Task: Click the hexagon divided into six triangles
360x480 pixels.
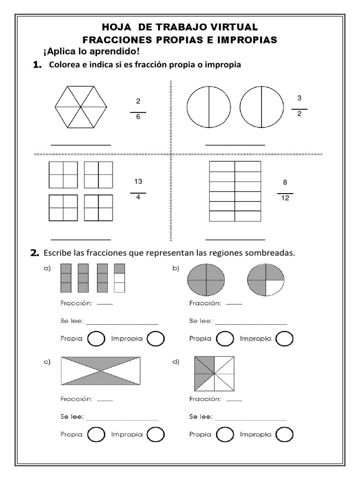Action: tap(81, 107)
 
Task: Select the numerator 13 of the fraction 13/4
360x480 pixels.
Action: tap(138, 181)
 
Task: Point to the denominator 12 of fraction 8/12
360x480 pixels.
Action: tap(285, 198)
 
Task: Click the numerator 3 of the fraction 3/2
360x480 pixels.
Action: tap(299, 98)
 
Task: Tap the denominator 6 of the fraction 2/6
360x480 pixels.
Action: tap(138, 117)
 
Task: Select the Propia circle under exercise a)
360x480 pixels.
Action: tap(96, 338)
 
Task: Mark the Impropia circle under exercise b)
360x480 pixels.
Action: tap(285, 338)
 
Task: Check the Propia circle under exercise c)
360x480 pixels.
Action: tap(96, 435)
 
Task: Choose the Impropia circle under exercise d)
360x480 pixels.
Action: tap(285, 435)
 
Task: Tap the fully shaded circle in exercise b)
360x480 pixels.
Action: tap(206, 280)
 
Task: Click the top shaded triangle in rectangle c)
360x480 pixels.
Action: tap(100, 363)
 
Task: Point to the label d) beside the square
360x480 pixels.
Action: tap(176, 361)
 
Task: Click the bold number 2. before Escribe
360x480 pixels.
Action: tap(35, 253)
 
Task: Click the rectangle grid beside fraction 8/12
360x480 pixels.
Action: tap(235, 191)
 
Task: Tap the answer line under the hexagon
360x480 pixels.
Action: tap(81, 145)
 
